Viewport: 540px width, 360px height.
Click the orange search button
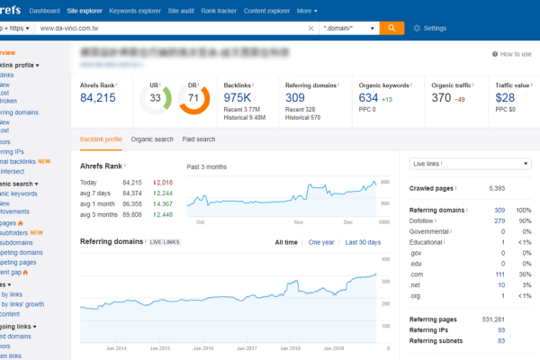391,28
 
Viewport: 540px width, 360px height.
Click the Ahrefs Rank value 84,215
97,97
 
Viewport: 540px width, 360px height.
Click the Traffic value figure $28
505,97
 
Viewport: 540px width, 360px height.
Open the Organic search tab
152,139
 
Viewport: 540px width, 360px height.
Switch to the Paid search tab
199,139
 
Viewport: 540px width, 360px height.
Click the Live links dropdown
471,164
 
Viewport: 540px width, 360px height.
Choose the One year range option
321,242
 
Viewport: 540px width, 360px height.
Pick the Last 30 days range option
364,242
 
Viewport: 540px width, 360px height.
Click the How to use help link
511,54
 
